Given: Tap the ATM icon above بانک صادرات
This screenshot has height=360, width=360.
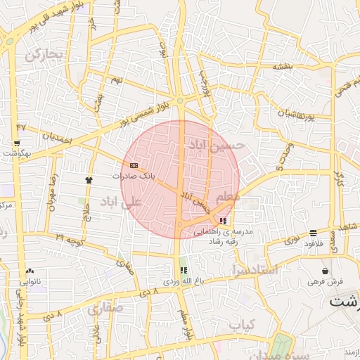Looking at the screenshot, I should [134, 166].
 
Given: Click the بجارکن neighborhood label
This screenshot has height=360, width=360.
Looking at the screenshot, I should [44, 54].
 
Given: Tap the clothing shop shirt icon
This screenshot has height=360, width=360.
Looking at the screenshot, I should [89, 180].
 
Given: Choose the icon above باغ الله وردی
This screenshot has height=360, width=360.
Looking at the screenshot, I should [184, 270].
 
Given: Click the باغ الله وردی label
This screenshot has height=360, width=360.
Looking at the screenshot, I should [184, 281].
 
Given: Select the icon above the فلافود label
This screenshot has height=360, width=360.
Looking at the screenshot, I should [312, 233].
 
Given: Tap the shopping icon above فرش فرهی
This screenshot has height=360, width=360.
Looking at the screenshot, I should [325, 271].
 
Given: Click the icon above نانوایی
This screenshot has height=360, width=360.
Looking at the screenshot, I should [30, 271].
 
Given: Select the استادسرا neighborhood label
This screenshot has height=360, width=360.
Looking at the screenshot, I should [254, 269].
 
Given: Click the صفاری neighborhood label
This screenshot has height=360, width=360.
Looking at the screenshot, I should [105, 308].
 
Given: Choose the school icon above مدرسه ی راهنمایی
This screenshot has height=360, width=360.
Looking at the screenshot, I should [223, 221].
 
